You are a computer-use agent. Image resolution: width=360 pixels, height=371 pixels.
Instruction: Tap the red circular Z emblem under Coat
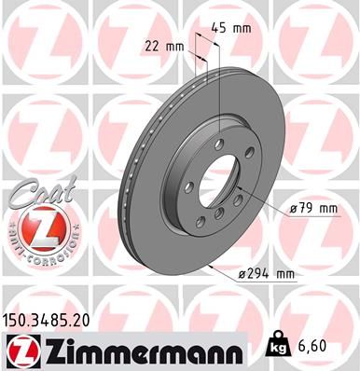35,228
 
